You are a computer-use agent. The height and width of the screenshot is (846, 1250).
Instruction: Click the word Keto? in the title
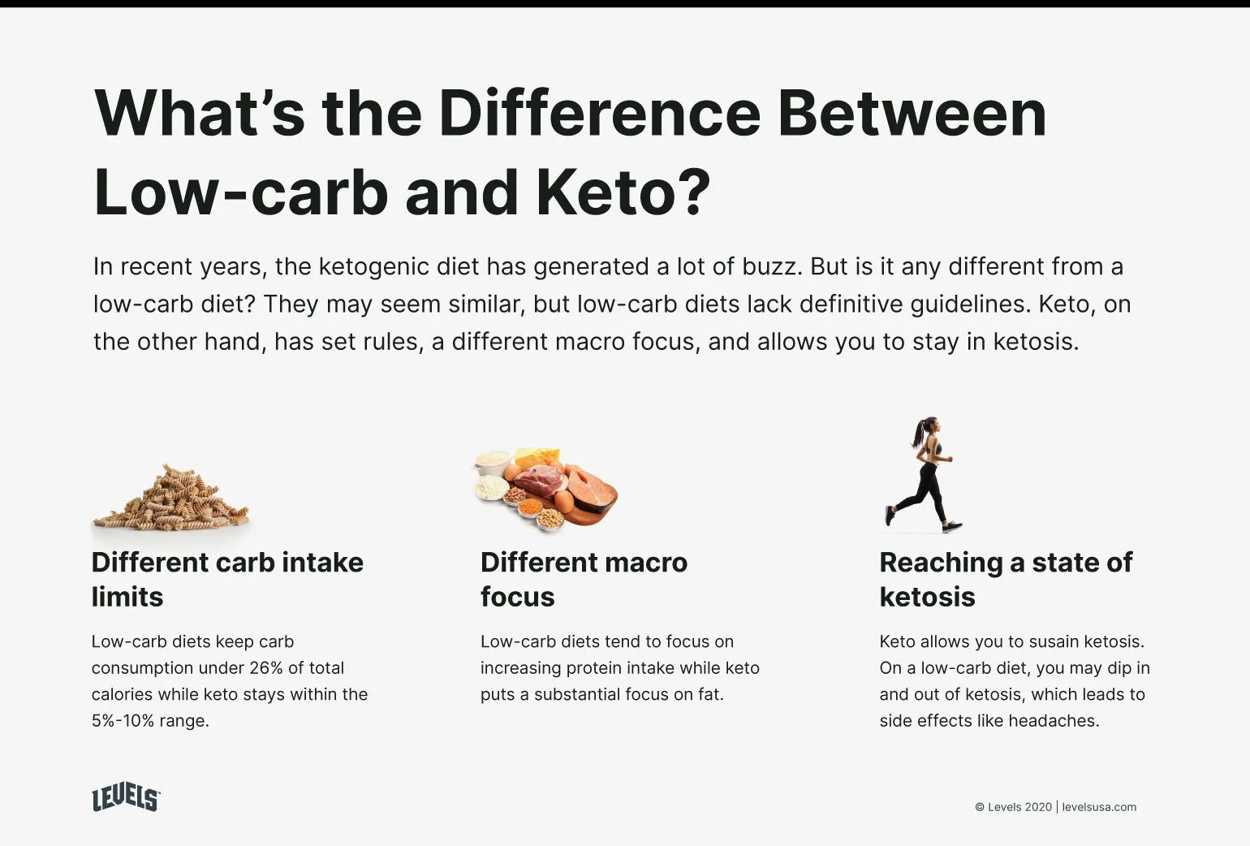click(623, 192)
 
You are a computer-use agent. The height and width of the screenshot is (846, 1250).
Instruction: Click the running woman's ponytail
click(919, 433)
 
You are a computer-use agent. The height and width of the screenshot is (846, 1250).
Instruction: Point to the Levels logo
click(126, 798)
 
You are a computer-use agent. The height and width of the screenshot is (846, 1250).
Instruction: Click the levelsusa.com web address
click(1099, 807)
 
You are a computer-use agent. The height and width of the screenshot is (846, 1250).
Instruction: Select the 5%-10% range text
click(121, 721)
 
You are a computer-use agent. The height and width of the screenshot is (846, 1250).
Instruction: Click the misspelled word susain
click(1060, 641)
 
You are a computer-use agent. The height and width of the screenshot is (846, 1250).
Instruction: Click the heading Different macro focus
click(583, 579)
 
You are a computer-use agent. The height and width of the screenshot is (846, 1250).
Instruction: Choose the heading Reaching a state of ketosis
click(1005, 579)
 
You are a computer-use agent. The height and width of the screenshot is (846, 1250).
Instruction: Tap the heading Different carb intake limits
click(226, 579)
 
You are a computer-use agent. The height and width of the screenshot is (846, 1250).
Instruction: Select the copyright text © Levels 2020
click(1013, 807)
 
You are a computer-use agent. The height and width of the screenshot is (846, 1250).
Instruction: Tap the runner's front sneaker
click(952, 528)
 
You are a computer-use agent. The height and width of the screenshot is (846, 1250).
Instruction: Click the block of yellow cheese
click(538, 457)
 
